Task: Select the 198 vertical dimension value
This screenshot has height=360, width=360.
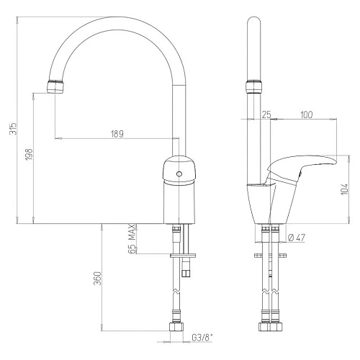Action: click(x=30, y=155)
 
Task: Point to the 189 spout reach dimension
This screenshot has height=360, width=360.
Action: click(x=117, y=134)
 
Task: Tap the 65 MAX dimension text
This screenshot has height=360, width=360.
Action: click(x=132, y=237)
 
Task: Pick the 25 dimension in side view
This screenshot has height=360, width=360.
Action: click(x=266, y=114)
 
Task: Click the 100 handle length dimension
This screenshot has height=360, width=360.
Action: click(x=306, y=114)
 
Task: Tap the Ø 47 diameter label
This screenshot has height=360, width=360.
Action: click(x=298, y=238)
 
